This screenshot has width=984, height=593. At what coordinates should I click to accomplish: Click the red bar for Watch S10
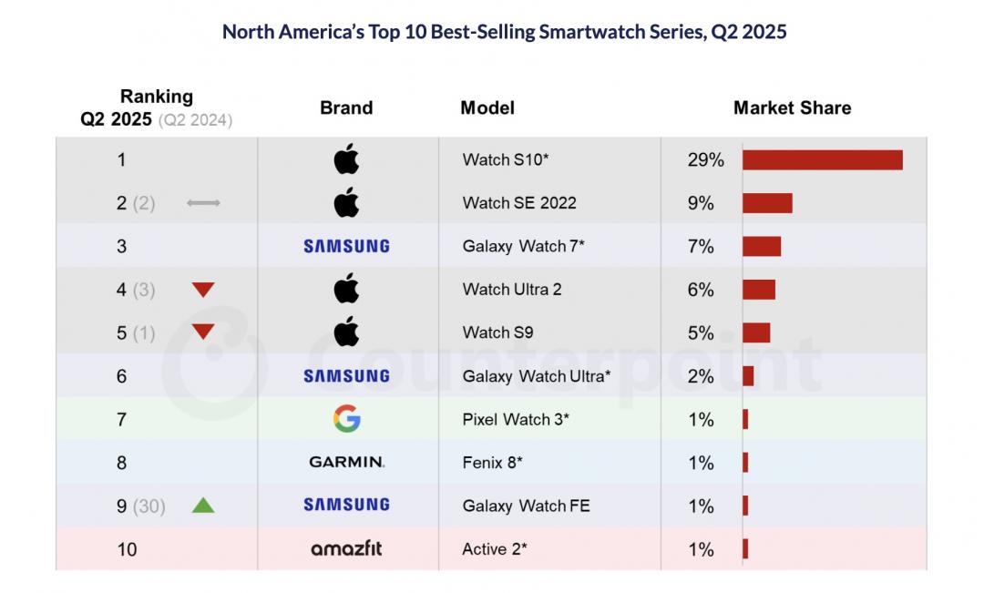pos(822,160)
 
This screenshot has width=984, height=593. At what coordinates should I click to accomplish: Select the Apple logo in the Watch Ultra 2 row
pos(346,290)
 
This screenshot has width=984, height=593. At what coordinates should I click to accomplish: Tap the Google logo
pos(346,419)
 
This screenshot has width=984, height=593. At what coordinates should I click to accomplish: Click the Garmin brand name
pos(346,463)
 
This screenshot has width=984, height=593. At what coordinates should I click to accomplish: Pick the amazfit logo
pos(346,549)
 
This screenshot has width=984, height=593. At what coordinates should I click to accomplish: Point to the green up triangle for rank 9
pos(203,505)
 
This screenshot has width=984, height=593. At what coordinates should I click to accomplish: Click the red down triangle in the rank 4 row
pos(203,291)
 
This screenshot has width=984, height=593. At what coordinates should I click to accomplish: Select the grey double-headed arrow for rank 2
pos(203,203)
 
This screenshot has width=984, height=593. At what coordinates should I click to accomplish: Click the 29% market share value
pos(705,160)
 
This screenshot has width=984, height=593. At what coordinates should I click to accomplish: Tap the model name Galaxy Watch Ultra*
pos(537,376)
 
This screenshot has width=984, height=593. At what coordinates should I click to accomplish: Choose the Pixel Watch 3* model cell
pos(516,420)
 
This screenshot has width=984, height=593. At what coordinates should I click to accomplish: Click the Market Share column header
pos(792,107)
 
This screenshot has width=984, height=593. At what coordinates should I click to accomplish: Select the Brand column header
pos(346,107)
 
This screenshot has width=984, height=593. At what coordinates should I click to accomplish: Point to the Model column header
pos(487,107)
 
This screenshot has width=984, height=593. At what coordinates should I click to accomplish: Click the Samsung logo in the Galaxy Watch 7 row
pos(346,246)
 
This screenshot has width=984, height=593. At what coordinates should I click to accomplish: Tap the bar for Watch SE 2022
pos(767,203)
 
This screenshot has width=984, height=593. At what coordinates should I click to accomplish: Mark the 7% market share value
pos(701,247)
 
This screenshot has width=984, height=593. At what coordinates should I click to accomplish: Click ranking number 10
pos(127,549)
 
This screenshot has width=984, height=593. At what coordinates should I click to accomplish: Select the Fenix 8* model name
pos(492,463)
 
